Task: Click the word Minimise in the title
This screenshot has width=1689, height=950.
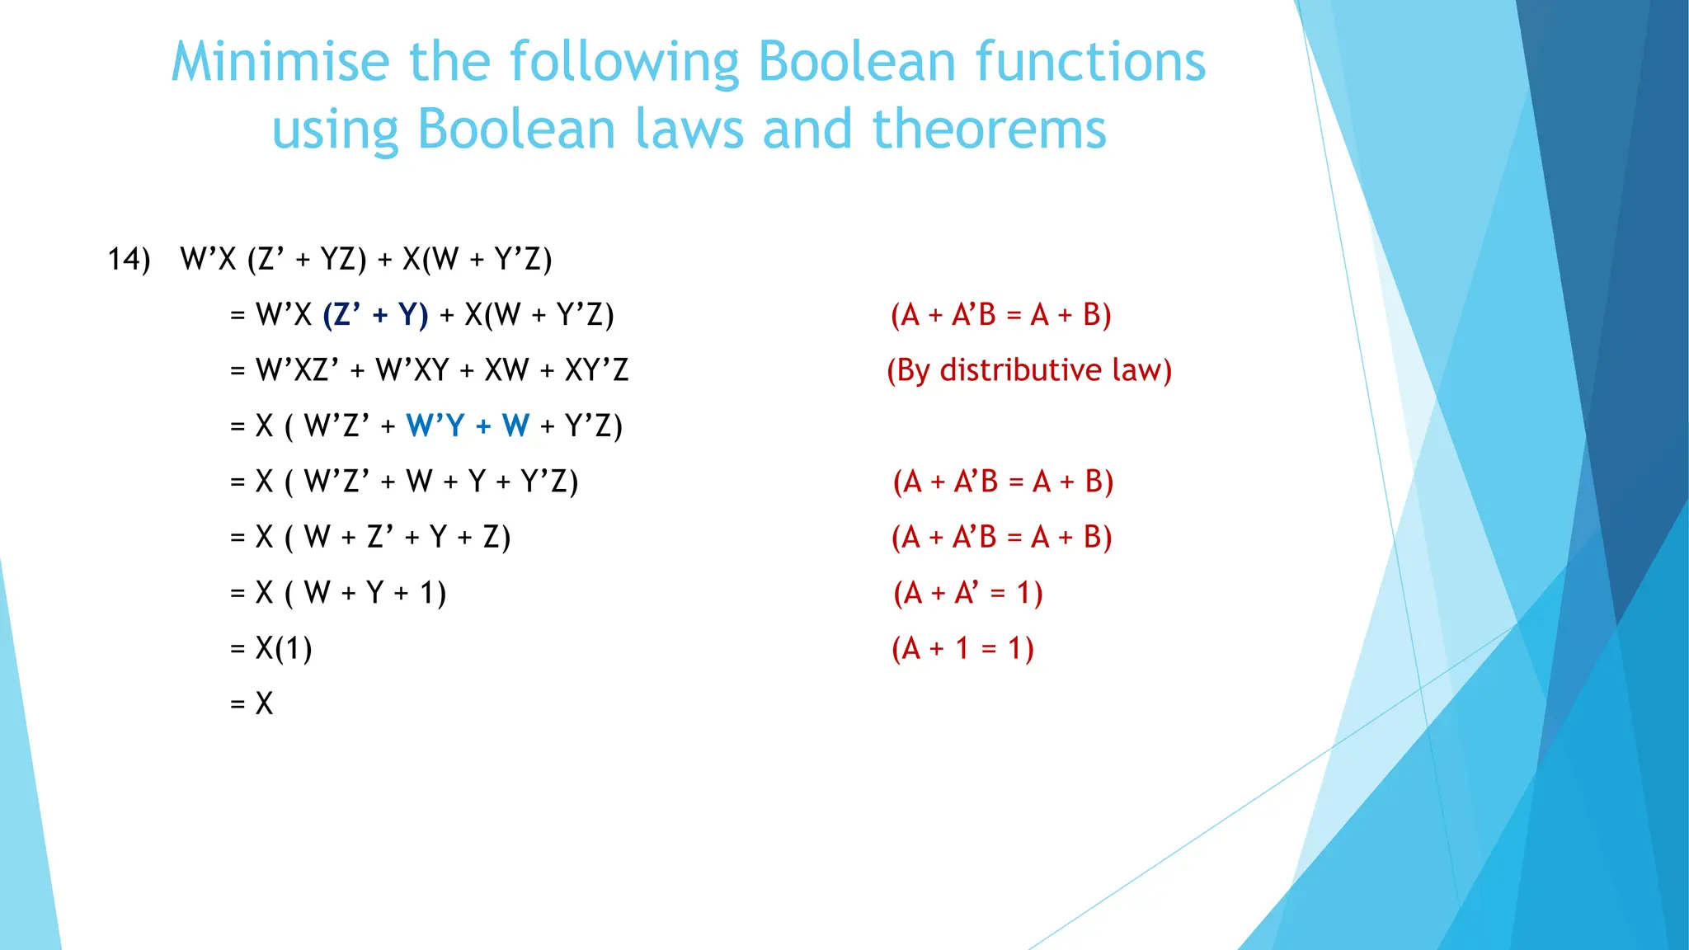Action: tap(280, 62)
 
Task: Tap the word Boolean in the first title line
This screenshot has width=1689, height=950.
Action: tap(857, 62)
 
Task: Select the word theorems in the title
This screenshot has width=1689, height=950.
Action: tap(989, 129)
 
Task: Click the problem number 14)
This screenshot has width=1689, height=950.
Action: tap(129, 259)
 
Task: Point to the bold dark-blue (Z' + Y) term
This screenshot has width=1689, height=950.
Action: tap(376, 315)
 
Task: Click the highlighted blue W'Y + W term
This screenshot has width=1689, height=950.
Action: tap(468, 426)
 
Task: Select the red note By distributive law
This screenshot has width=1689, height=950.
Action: tap(1028, 370)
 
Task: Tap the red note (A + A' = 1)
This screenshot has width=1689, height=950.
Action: tap(968, 593)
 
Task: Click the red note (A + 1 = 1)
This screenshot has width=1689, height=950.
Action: tap(962, 648)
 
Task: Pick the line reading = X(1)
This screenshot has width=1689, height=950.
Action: tap(271, 648)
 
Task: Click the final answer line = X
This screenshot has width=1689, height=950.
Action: tap(252, 703)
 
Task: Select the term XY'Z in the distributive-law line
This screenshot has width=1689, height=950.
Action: tap(596, 370)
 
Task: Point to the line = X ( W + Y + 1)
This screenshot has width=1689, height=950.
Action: tap(338, 593)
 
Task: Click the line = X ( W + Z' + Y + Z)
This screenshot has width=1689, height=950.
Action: tap(370, 537)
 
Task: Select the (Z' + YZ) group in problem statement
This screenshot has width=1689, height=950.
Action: tap(307, 259)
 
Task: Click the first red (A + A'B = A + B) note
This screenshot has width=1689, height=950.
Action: tap(1001, 315)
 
